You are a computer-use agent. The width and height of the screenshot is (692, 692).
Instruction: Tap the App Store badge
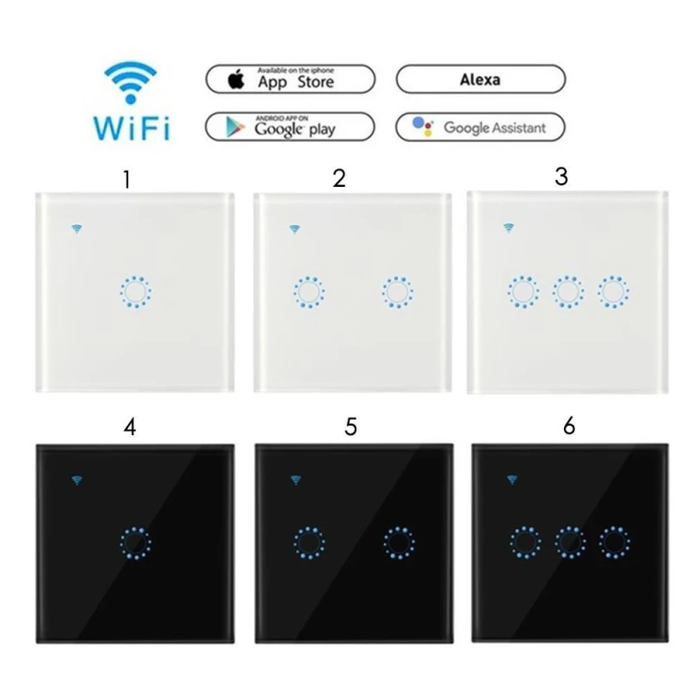(x=292, y=79)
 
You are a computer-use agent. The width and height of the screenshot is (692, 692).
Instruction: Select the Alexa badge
(x=480, y=79)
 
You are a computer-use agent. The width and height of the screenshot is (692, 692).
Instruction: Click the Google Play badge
(x=292, y=126)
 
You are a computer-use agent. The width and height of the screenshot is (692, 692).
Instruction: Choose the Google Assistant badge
(x=480, y=127)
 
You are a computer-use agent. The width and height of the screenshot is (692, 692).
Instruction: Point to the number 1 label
(x=128, y=180)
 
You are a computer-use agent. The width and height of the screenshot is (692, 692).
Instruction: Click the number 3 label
(x=561, y=176)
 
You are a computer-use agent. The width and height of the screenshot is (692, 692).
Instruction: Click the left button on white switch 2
(x=307, y=292)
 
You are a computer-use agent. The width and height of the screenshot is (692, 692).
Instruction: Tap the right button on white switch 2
(x=398, y=292)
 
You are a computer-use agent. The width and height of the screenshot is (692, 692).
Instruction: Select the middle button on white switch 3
(x=567, y=292)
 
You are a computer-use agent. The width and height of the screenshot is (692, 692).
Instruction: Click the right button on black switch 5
(x=399, y=541)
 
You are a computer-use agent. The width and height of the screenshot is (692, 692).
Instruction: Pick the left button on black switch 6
(x=523, y=541)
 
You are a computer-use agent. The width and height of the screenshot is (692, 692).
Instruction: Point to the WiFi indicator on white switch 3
(x=508, y=228)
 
